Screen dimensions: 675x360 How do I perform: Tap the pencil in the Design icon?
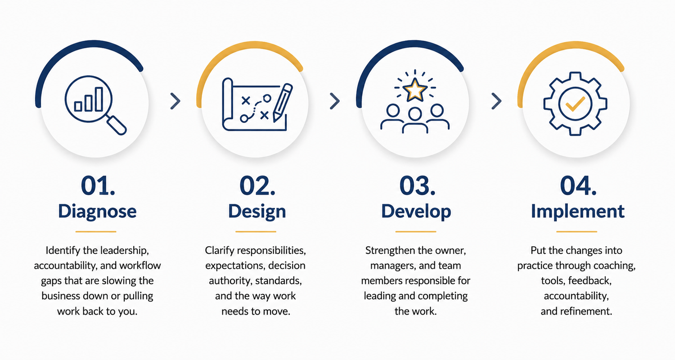(x=283, y=103)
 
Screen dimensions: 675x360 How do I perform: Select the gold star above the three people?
(x=415, y=90)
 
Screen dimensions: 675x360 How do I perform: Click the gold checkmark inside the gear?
(x=575, y=104)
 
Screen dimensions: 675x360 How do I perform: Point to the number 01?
(x=98, y=186)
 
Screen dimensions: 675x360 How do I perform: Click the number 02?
(x=257, y=186)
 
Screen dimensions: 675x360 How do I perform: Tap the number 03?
(x=417, y=186)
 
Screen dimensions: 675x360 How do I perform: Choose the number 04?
(x=578, y=186)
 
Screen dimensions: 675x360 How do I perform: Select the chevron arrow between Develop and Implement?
(x=497, y=101)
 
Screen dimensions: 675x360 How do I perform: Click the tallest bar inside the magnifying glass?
(x=99, y=99)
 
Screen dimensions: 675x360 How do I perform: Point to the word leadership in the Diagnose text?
(x=124, y=251)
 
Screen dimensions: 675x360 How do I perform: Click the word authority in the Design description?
(x=230, y=281)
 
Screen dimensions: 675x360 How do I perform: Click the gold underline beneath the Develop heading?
(x=415, y=232)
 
